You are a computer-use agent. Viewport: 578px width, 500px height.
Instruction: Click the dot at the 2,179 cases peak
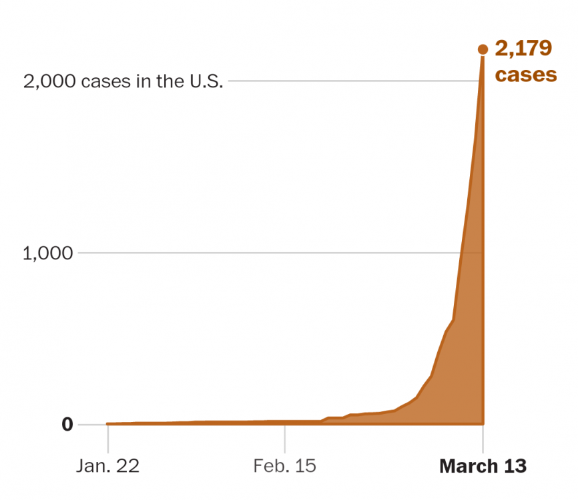pyautogui.click(x=483, y=49)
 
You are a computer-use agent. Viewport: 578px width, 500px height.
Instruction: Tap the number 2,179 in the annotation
pyautogui.click(x=523, y=49)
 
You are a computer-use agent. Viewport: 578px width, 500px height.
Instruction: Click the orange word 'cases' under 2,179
pyautogui.click(x=525, y=74)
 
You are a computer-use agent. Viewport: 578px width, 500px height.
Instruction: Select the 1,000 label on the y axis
pyautogui.click(x=47, y=253)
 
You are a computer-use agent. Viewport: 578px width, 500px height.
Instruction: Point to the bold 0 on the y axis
pyautogui.click(x=67, y=424)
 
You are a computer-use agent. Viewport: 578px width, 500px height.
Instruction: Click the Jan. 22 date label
pyautogui.click(x=107, y=465)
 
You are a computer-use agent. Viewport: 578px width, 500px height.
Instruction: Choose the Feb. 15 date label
pyautogui.click(x=284, y=465)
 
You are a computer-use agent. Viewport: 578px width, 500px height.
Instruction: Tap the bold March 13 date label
pyautogui.click(x=483, y=465)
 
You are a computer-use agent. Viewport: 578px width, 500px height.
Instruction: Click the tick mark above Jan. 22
pyautogui.click(x=108, y=437)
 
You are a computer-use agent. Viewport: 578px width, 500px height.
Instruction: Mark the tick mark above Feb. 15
pyautogui.click(x=285, y=437)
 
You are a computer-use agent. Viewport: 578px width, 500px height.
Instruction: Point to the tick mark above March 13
pyautogui.click(x=483, y=437)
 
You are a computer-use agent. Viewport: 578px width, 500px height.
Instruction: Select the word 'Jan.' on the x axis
pyautogui.click(x=91, y=465)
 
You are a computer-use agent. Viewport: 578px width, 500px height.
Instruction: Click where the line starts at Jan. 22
pyautogui.click(x=108, y=423)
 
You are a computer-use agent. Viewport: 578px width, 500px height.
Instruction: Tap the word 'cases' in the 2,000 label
pyautogui.click(x=101, y=81)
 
